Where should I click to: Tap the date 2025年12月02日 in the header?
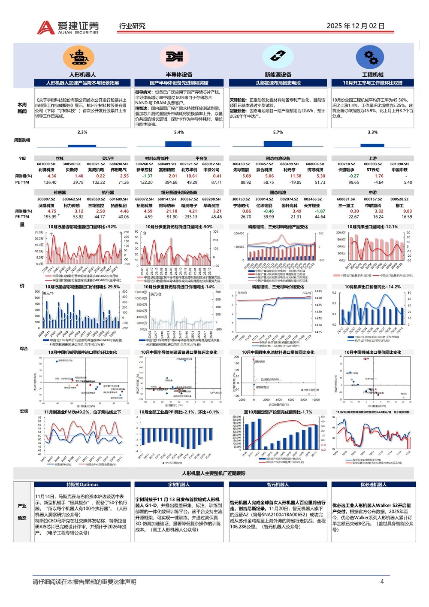coord(355,26)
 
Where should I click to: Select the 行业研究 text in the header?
coord(132,26)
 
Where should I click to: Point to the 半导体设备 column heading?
coord(179,75)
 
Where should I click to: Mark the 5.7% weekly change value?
coord(278,132)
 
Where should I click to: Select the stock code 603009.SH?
coord(46,164)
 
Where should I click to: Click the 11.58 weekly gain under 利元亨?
coord(296,176)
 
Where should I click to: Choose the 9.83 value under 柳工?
coord(407,211)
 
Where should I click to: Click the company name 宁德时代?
coord(241,206)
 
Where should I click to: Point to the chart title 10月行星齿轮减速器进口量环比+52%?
coord(82,227)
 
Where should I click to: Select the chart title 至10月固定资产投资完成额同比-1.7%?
coord(278,412)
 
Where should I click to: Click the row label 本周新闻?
coord(22,108)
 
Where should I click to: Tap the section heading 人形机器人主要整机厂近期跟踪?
coord(214,473)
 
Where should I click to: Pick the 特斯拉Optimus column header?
coord(82,485)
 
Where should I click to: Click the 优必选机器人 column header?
coord(373,485)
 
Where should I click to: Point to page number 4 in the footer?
coord(382,582)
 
